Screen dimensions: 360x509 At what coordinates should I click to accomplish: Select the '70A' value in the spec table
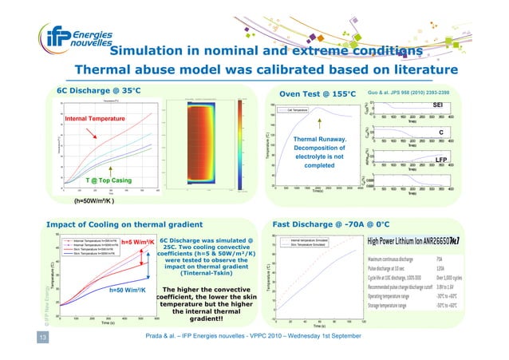pos(463,260)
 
